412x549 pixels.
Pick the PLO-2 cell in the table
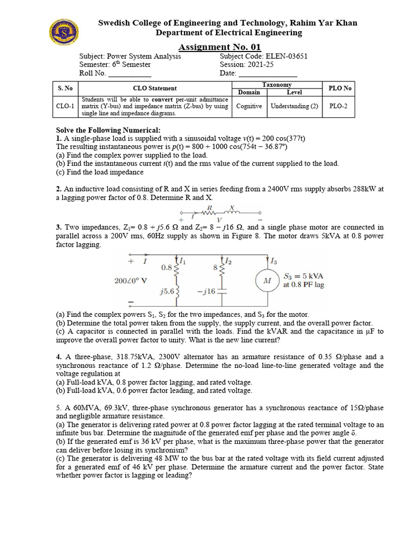pos(338,106)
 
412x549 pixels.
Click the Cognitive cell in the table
pos(249,106)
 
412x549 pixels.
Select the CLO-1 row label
pos(65,106)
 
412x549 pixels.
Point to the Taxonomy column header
pos(277,85)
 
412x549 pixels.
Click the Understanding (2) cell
pos(295,106)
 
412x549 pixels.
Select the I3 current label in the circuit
pos(274,262)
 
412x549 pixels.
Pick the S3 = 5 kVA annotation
pos(304,276)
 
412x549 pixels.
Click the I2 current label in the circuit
pos(229,261)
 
